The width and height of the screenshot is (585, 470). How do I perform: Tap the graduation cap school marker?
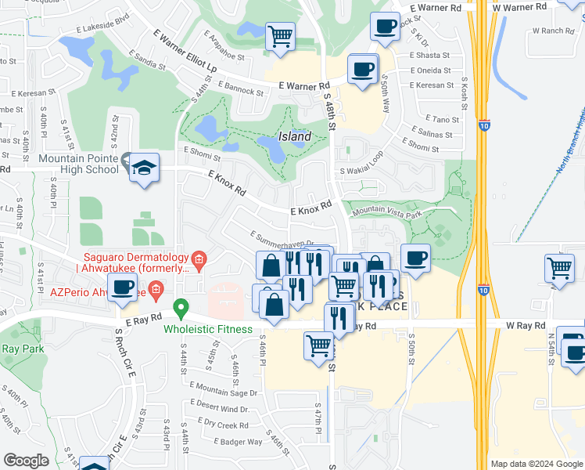(x=145, y=168)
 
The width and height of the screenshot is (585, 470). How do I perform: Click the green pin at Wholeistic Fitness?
(x=181, y=309)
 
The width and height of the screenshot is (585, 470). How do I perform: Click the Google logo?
(x=27, y=461)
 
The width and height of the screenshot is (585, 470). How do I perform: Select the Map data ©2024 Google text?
(x=536, y=464)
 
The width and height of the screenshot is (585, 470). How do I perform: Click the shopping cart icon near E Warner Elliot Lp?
(x=280, y=36)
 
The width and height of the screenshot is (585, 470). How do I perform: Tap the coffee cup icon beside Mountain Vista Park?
(x=415, y=258)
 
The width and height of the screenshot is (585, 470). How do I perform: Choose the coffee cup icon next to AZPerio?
(x=122, y=288)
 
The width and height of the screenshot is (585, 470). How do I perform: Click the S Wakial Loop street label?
(x=362, y=171)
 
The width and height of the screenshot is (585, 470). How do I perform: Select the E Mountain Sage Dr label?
(x=223, y=393)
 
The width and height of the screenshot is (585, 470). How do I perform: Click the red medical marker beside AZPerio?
(x=156, y=293)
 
